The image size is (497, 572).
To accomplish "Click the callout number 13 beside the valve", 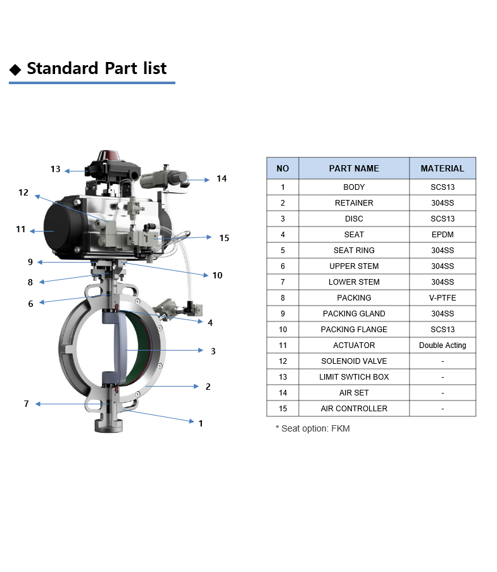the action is (x=56, y=170).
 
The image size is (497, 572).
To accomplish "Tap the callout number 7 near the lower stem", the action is (x=26, y=404).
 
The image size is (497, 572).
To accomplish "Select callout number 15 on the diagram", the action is (x=224, y=238).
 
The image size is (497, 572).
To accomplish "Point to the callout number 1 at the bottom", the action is (x=201, y=423).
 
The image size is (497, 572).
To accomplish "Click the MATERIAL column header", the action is (x=443, y=168).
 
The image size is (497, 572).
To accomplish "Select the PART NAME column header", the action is (x=354, y=168).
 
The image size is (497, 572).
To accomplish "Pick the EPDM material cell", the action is (x=443, y=235).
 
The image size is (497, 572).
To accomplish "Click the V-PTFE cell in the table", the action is (x=443, y=297).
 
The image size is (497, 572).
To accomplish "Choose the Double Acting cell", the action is (x=443, y=345).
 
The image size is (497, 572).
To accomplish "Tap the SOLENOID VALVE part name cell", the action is (x=354, y=361).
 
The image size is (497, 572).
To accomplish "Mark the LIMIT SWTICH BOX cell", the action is (x=354, y=377).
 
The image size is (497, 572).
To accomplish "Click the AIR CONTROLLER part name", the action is (x=354, y=409).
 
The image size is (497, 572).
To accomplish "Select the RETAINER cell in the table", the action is (x=354, y=203).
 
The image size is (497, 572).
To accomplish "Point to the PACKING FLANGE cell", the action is (x=354, y=330).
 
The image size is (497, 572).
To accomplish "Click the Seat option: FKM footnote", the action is (x=313, y=428).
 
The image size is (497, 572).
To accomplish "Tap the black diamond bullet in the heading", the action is (x=15, y=70).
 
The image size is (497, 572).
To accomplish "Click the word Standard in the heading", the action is (x=63, y=68).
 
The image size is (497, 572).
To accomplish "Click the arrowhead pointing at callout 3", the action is (x=201, y=350).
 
